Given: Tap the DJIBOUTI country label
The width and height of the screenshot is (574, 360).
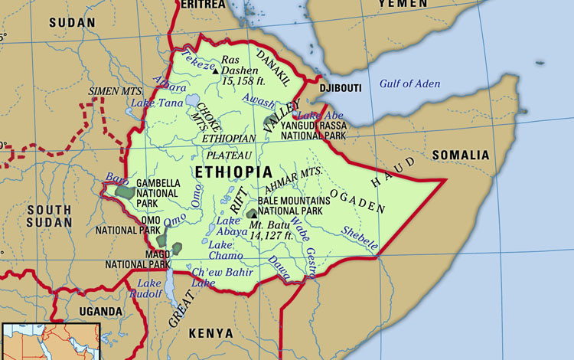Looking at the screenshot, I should tap(341, 88).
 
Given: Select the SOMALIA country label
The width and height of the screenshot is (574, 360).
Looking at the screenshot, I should tap(460, 155).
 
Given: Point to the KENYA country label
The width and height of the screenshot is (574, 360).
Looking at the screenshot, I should tap(210, 332).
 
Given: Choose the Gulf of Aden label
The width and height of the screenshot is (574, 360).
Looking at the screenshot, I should tap(410, 83).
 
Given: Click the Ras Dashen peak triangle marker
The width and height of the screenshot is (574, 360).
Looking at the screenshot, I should tap(216, 68).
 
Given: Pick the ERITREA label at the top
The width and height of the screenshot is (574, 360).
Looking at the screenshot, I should tap(203, 5).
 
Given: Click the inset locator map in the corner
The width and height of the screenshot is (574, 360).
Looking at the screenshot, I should tap(51, 341).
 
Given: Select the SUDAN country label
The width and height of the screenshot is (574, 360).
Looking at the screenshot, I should tap(72, 22).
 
